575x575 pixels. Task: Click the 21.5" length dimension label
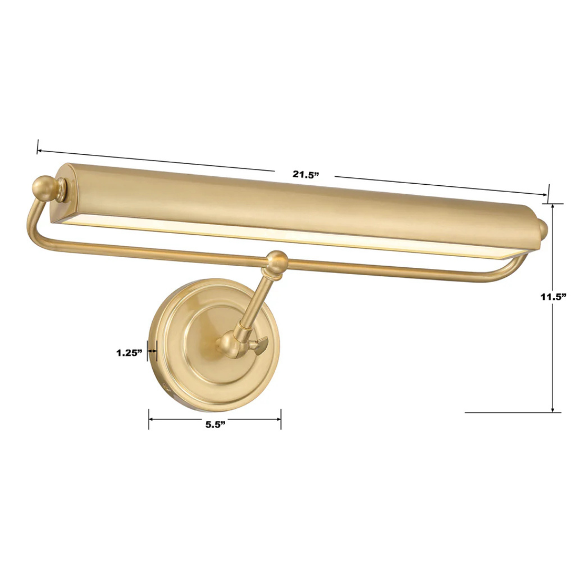tap(305, 174)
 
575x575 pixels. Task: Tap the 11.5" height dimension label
tap(552, 297)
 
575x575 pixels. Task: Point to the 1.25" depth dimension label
tap(129, 352)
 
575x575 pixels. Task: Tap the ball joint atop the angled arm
tap(277, 261)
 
